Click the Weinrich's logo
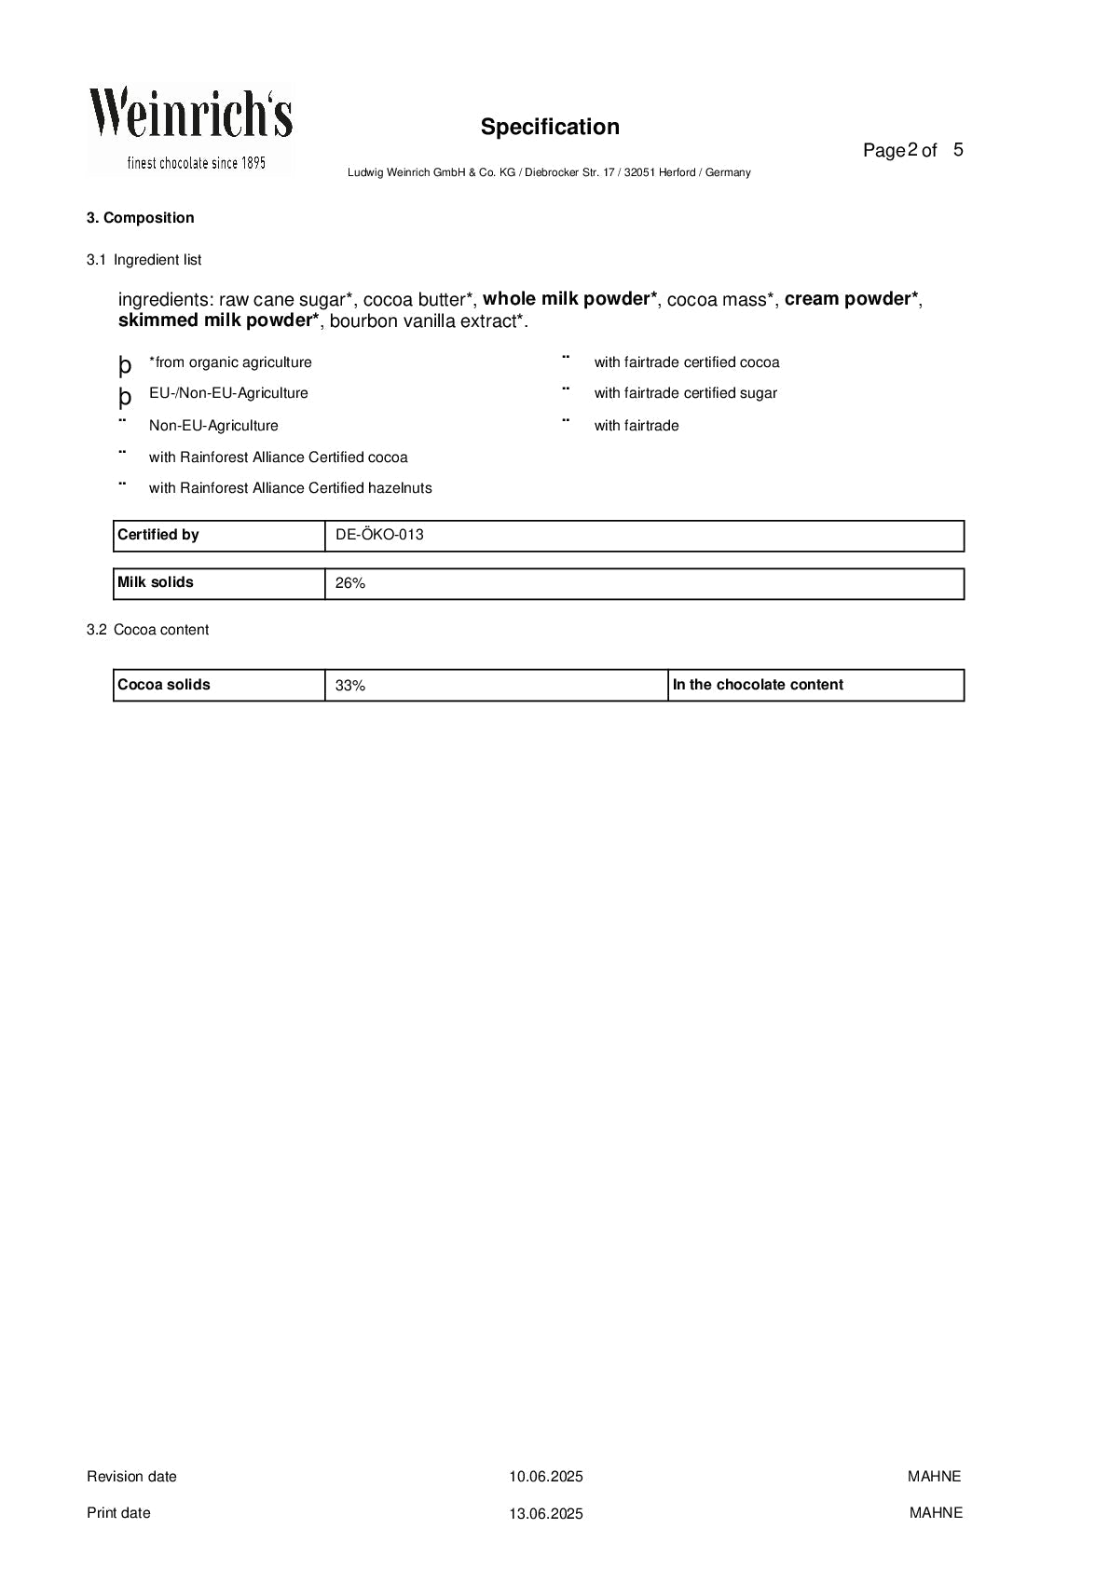pyautogui.click(x=191, y=129)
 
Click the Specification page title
pyautogui.click(x=550, y=127)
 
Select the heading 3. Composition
pyautogui.click(x=141, y=218)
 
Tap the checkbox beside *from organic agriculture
pyautogui.click(x=125, y=364)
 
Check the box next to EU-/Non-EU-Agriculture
pyautogui.click(x=125, y=396)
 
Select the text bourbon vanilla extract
pyautogui.click(x=427, y=321)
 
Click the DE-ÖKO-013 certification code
pyautogui.click(x=379, y=535)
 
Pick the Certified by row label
pyautogui.click(x=158, y=535)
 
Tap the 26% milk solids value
pyautogui.click(x=350, y=583)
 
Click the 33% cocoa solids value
pyautogui.click(x=350, y=686)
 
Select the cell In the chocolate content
pyautogui.click(x=758, y=685)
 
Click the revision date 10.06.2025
pyautogui.click(x=546, y=1476)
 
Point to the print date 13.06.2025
pyautogui.click(x=546, y=1513)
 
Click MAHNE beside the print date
pyautogui.click(x=936, y=1512)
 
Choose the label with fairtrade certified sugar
pyautogui.click(x=686, y=393)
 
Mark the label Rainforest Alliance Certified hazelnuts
pyautogui.click(x=291, y=488)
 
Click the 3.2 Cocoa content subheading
pyautogui.click(x=147, y=630)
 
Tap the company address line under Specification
pyautogui.click(x=549, y=172)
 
